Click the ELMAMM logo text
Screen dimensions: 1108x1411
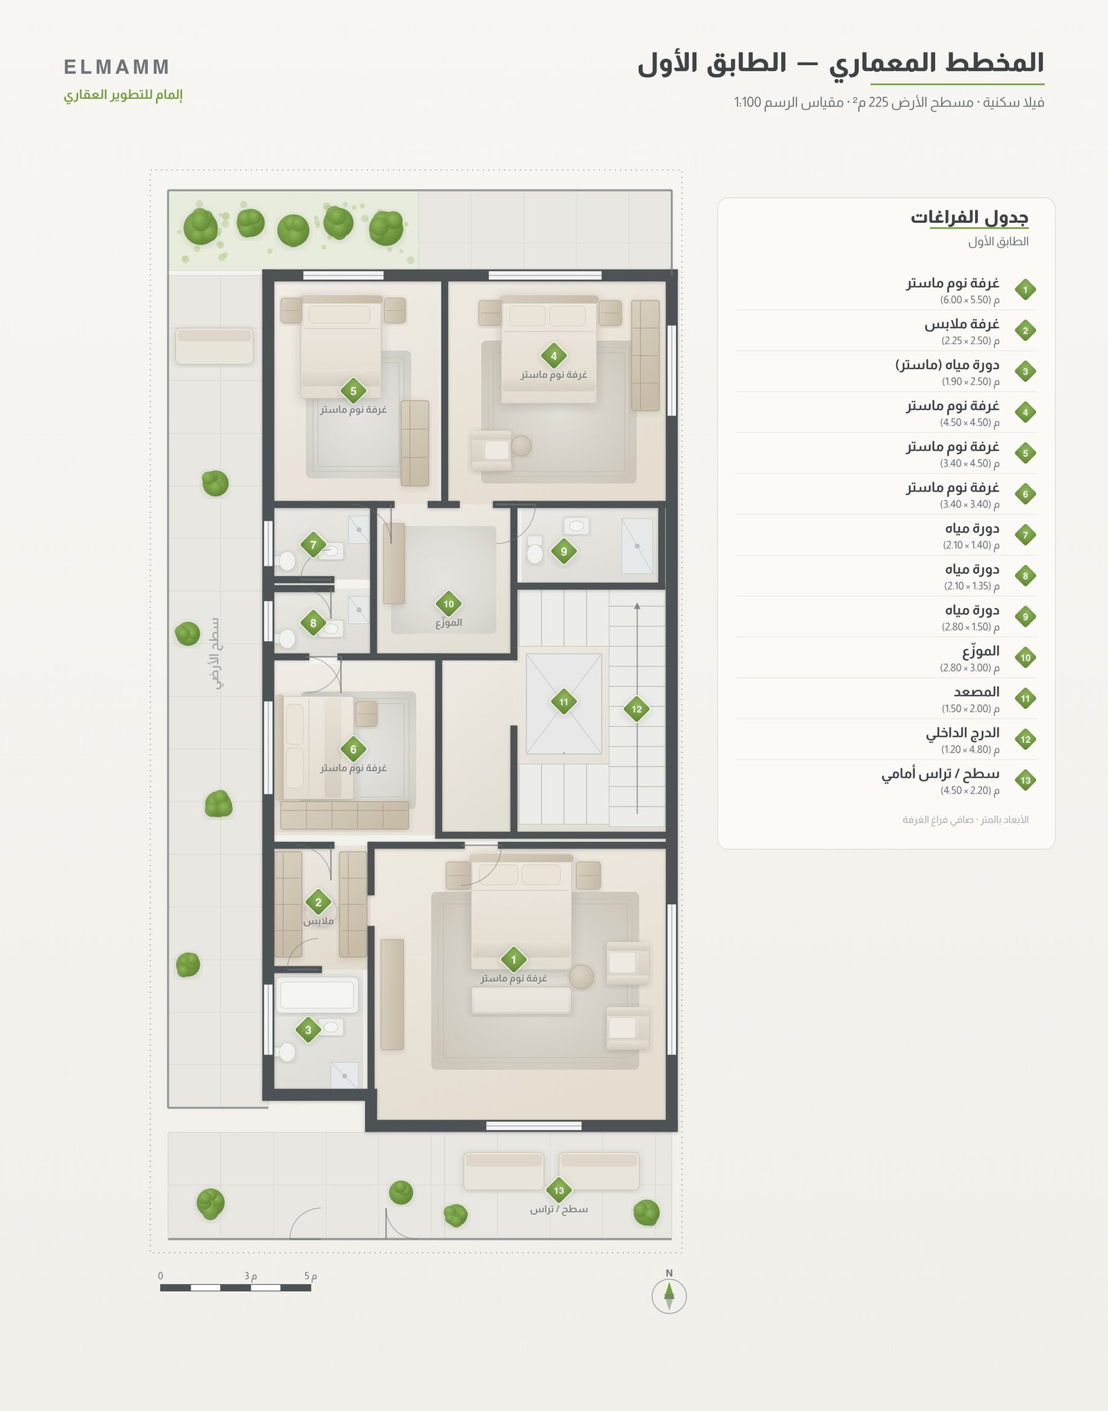116,67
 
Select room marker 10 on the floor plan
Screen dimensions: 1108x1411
449,604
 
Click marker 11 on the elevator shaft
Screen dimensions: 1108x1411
564,702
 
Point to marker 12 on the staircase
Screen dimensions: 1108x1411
636,709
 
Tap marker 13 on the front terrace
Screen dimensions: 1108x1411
559,1191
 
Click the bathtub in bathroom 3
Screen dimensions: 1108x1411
317,996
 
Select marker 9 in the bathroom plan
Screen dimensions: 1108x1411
564,552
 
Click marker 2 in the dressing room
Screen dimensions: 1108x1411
319,902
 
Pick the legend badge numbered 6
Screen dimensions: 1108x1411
1026,494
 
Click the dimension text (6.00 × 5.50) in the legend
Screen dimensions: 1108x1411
969,300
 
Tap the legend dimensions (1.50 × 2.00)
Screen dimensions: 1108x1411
970,709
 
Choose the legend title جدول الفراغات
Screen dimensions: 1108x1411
969,217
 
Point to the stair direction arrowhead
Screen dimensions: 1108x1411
637,606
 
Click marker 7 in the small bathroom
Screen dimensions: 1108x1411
313,545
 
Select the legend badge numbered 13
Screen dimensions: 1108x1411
1026,780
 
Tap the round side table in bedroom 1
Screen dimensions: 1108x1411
582,977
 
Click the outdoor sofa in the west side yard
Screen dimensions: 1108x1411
214,346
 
